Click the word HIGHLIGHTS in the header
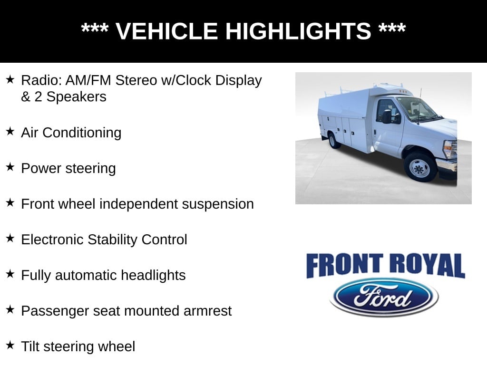[x=298, y=31]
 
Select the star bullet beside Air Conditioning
[x=10, y=132]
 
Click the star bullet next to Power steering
[x=10, y=167]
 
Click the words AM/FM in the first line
[x=82, y=80]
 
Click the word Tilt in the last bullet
[x=29, y=346]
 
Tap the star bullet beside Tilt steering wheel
[x=10, y=346]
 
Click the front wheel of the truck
[x=419, y=167]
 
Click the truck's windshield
[x=417, y=108]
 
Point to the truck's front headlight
[x=449, y=149]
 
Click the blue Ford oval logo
[x=384, y=297]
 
